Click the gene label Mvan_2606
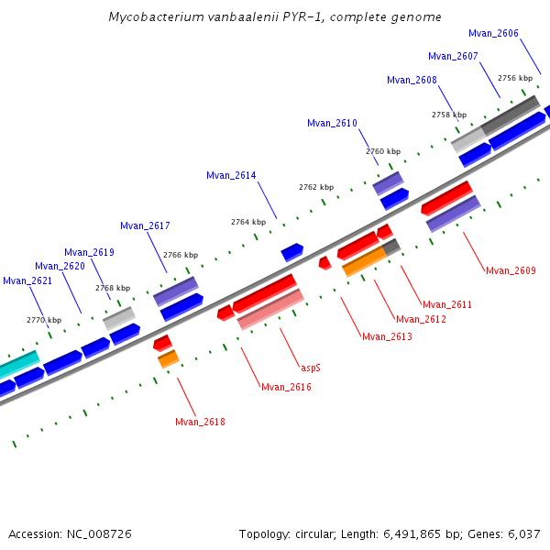click(x=493, y=33)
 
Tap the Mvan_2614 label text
click(x=231, y=175)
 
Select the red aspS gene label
click(x=311, y=368)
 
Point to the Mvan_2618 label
click(x=200, y=422)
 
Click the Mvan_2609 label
click(x=511, y=270)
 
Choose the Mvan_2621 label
click(x=27, y=280)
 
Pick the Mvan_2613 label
click(x=387, y=336)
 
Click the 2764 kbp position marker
click(x=248, y=222)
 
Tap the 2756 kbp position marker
click(x=514, y=79)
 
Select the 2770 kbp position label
click(x=44, y=320)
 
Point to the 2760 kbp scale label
click(x=383, y=151)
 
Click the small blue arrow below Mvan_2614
click(x=292, y=251)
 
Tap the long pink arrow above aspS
click(x=270, y=309)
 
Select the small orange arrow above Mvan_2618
click(x=168, y=359)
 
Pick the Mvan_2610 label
click(x=332, y=123)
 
